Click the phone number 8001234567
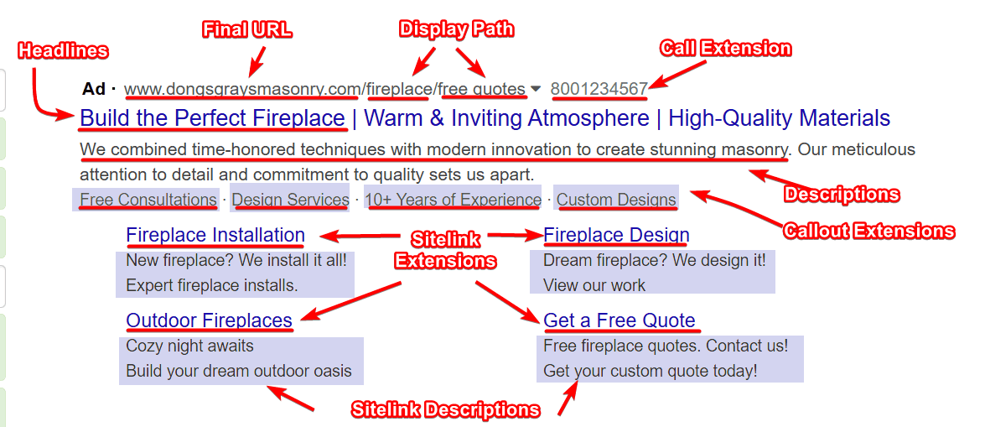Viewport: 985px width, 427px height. pyautogui.click(x=599, y=89)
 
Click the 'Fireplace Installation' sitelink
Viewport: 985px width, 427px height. pyautogui.click(x=215, y=235)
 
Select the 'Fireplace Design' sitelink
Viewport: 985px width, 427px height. pyautogui.click(x=616, y=235)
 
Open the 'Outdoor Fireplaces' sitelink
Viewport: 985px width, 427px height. pyautogui.click(x=209, y=320)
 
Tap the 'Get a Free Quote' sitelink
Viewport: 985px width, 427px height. pyautogui.click(x=619, y=320)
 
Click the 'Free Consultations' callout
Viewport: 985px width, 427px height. pyautogui.click(x=148, y=200)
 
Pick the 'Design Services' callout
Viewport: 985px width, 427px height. pyautogui.click(x=290, y=200)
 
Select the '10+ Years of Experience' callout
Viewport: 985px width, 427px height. pyautogui.click(x=454, y=200)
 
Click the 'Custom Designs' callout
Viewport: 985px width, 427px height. pyautogui.click(x=616, y=200)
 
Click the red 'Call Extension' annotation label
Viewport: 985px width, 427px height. pyautogui.click(x=725, y=49)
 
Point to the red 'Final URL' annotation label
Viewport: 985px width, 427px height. pyautogui.click(x=247, y=30)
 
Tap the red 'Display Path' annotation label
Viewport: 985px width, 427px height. pyautogui.click(x=456, y=29)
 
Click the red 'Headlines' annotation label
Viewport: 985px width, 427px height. pyautogui.click(x=63, y=50)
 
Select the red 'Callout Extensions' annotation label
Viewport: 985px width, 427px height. pyautogui.click(x=868, y=231)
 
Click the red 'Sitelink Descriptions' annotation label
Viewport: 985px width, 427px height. pyautogui.click(x=445, y=410)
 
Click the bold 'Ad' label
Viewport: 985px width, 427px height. pyautogui.click(x=94, y=89)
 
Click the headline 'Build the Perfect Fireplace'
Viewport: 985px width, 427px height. pyautogui.click(x=213, y=118)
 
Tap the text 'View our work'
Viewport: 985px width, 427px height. pyautogui.click(x=594, y=285)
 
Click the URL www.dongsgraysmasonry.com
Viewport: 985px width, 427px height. pyautogui.click(x=243, y=89)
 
